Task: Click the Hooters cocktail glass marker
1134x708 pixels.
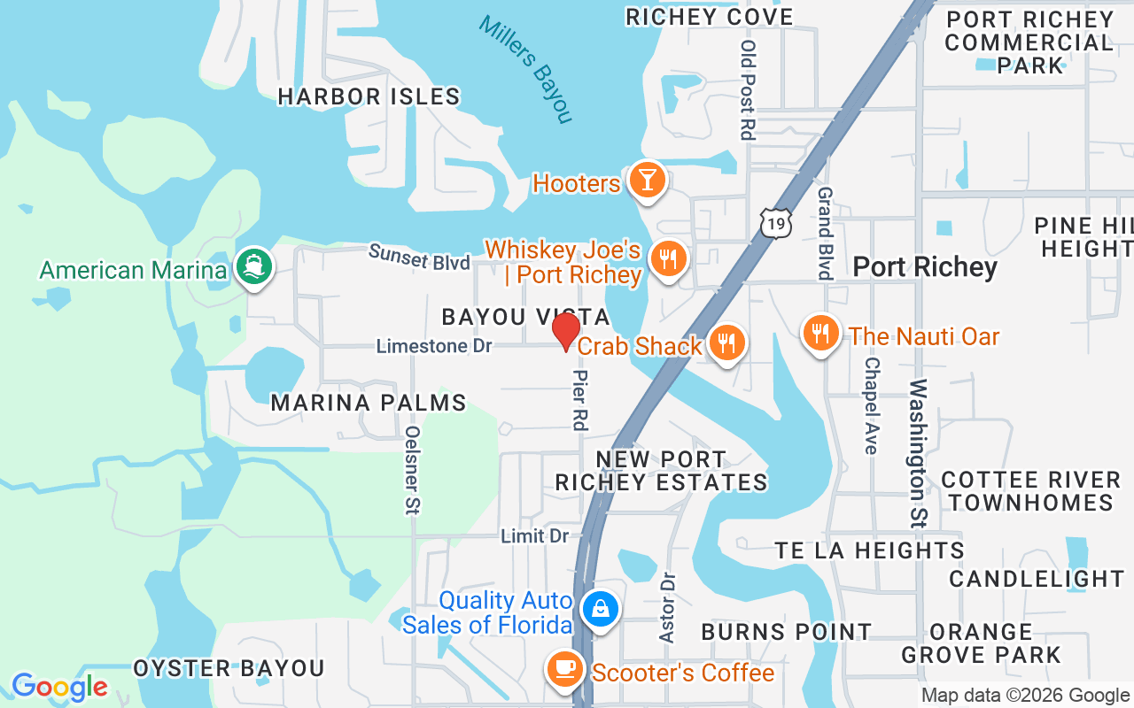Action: pos(647,181)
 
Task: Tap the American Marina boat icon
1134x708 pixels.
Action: pos(254,267)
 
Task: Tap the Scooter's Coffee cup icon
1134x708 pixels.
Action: pos(564,670)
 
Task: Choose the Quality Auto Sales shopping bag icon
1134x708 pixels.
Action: pos(600,610)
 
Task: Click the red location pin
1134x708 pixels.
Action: pos(565,333)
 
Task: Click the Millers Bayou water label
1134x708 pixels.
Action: pos(525,68)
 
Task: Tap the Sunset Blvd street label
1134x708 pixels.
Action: pos(419,258)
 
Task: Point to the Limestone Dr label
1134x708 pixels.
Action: pos(434,346)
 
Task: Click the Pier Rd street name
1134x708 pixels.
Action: pos(581,400)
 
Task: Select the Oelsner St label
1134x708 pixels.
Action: pos(413,470)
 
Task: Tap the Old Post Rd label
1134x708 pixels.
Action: pos(749,90)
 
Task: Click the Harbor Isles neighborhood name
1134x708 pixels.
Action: pos(369,96)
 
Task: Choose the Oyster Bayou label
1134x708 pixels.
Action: pos(229,668)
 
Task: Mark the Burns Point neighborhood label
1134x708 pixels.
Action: pos(787,632)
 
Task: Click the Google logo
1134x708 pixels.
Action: pos(60,687)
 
